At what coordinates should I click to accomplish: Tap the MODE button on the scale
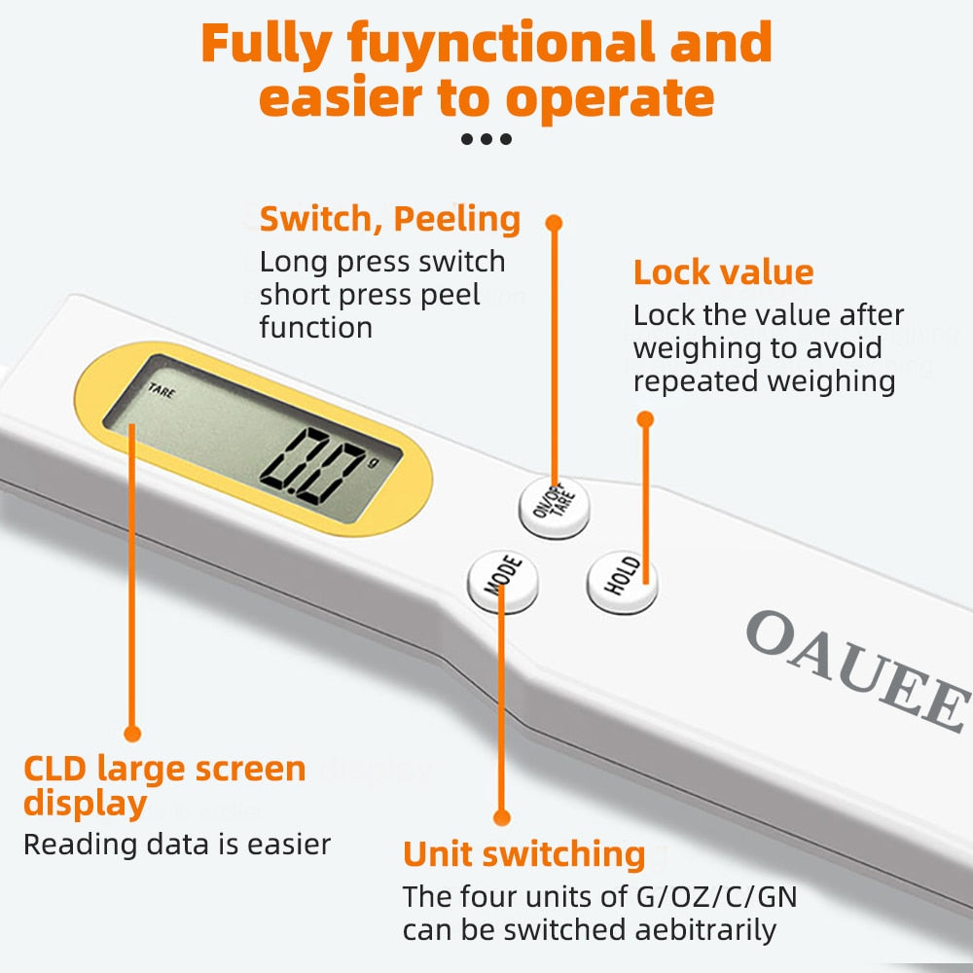pos(502,582)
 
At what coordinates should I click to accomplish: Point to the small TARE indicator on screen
pos(160,392)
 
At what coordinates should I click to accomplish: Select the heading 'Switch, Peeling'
pos(389,219)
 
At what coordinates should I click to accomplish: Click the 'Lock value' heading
pos(723,272)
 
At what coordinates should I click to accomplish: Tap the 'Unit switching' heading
pos(524,853)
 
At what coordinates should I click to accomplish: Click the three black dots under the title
pos(486,139)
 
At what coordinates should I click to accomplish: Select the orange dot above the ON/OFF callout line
pos(554,223)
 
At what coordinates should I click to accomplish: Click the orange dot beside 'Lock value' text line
pos(644,419)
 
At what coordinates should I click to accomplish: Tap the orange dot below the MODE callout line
pos(502,817)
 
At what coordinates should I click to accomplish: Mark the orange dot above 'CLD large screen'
pos(133,733)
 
